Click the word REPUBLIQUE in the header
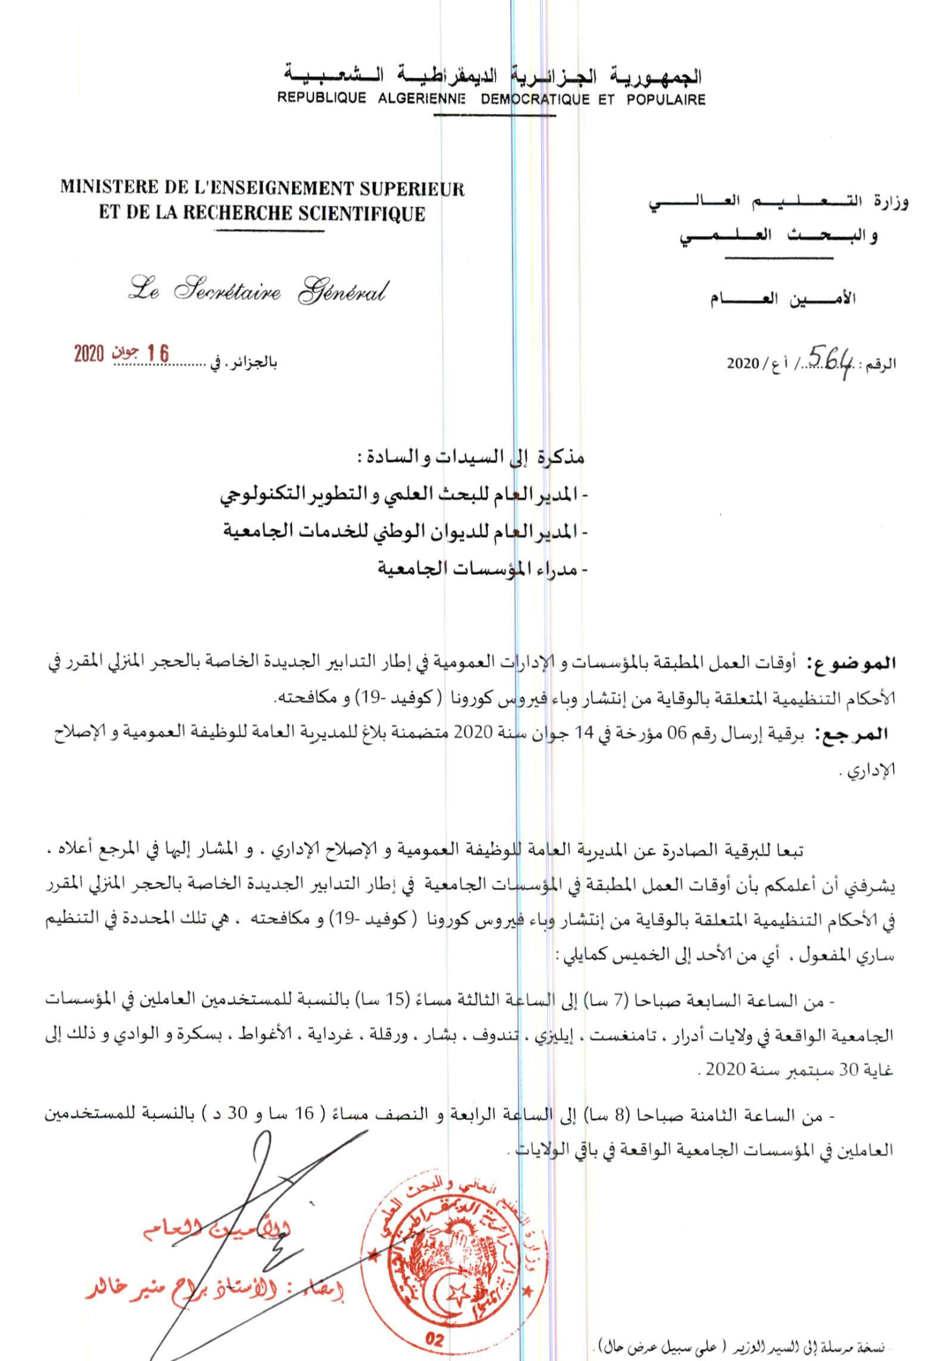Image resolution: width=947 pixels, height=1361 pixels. click(322, 98)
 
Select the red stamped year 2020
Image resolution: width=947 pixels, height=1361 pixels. click(89, 354)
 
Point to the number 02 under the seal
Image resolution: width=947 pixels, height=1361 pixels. click(435, 1335)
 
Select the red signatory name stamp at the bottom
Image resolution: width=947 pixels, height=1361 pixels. click(214, 1292)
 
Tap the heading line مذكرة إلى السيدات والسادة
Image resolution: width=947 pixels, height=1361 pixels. click(471, 458)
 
